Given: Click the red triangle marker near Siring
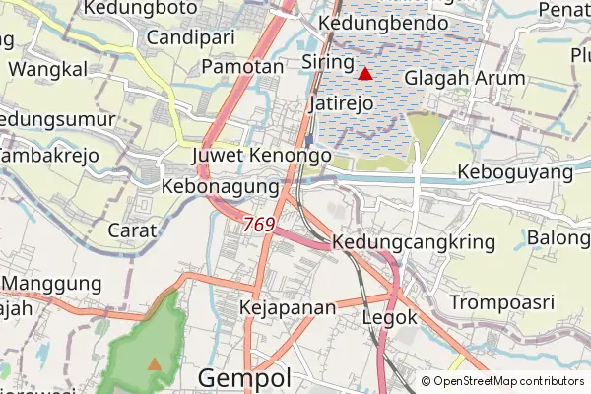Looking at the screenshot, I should pos(365,73).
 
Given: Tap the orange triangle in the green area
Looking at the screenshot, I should pos(155,363).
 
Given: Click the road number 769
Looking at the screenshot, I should pos(258,225).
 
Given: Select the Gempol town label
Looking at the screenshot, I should pos(244,378).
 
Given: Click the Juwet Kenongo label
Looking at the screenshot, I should pos(262,156).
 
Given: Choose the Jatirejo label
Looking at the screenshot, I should pos(345,102).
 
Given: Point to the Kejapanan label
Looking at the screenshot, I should pos(288,308).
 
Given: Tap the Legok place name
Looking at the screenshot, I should pos(391,318).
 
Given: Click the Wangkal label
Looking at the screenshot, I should pos(47,69).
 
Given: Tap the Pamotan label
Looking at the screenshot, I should pos(240,66).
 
